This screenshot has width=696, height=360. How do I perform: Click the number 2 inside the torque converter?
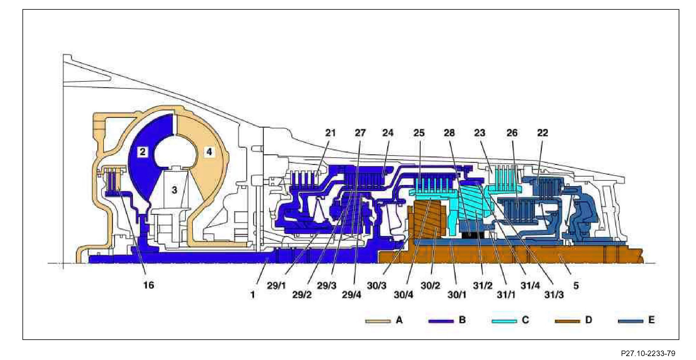coord(142,151)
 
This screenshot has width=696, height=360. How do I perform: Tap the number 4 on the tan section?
coord(209,151)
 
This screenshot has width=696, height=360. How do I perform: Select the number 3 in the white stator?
coord(174,190)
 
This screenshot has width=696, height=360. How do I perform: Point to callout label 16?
coord(148,285)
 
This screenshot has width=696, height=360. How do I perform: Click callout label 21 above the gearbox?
coord(331,133)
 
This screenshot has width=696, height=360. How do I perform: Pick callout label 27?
coord(360,133)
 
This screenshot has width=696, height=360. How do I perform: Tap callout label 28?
coord(449,133)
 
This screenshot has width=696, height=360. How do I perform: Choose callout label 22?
coord(543,133)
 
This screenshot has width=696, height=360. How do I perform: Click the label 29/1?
coord(276,286)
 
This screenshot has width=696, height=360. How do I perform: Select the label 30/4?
coord(403,295)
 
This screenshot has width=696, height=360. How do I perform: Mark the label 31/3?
coord(554,295)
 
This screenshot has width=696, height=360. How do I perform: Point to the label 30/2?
coord(430,286)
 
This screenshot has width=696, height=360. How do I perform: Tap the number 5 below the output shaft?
coord(576,286)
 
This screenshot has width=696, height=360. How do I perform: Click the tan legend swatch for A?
coord(378,321)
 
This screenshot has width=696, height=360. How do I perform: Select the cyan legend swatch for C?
coord(504,321)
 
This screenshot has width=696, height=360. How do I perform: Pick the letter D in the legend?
coord(588,320)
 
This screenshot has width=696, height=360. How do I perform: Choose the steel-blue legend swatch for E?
coord(630,321)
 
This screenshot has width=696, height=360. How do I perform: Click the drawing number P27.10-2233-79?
coord(648,353)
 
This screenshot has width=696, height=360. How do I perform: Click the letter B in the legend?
coord(462,320)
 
